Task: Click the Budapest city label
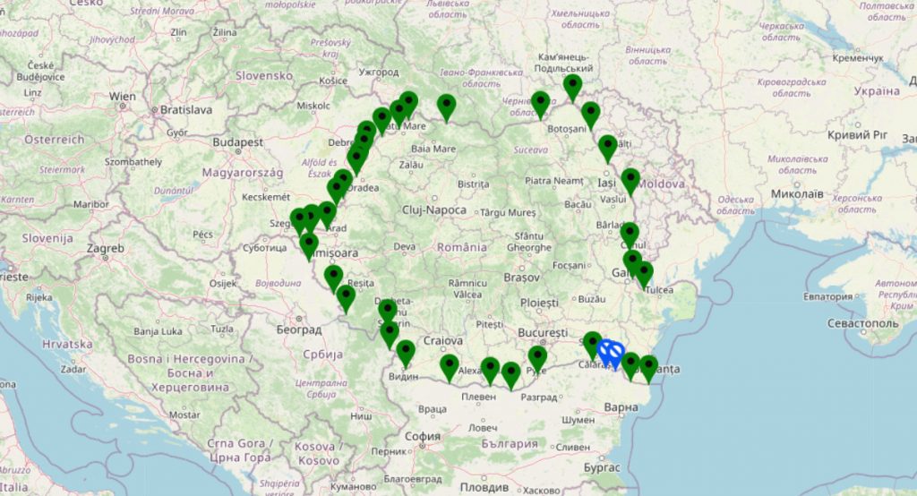point(238,141)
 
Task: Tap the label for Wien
point(122,96)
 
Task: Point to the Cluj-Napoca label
point(434,210)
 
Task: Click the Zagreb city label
point(105,248)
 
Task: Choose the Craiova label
point(443,341)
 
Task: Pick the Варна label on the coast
point(621,408)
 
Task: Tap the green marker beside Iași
point(630,181)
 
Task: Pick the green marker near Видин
point(406,353)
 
